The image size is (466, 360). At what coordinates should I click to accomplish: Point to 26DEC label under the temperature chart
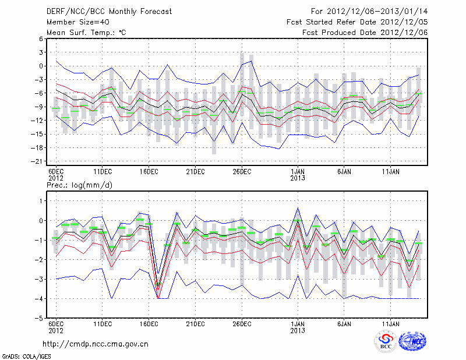click(x=242, y=172)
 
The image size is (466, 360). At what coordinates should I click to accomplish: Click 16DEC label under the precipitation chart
click(x=149, y=323)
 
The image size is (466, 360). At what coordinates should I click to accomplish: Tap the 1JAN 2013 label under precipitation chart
click(x=298, y=326)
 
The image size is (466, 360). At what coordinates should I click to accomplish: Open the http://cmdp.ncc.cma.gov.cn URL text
click(x=96, y=344)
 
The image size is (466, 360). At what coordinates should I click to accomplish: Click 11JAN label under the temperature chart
click(x=390, y=172)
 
